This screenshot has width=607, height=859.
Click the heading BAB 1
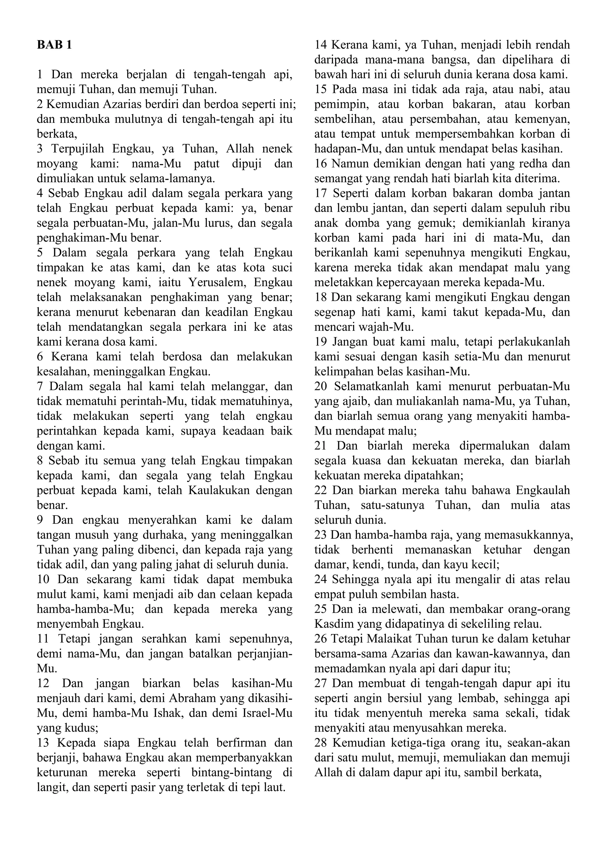[x=54, y=45]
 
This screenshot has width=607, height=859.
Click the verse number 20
[x=321, y=386]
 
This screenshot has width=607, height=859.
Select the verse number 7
[x=40, y=386]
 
